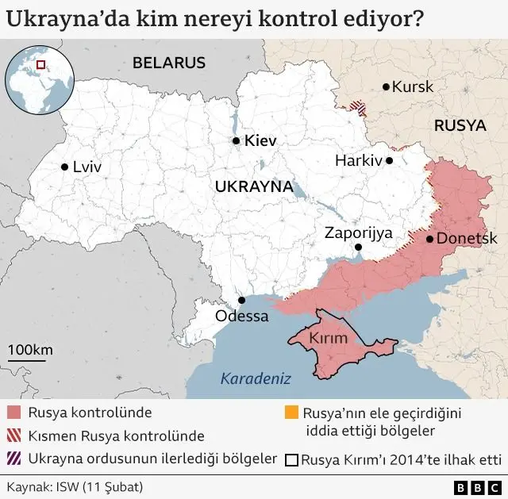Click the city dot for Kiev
(x=236, y=140)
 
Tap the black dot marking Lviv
(x=64, y=167)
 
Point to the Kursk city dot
(x=386, y=86)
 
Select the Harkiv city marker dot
(x=389, y=160)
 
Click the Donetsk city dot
(x=429, y=238)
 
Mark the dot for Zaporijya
(x=358, y=248)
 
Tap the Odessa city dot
(x=242, y=300)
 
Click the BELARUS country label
(x=169, y=63)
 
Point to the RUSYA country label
(x=460, y=125)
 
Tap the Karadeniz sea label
(x=256, y=378)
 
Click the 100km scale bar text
(x=30, y=350)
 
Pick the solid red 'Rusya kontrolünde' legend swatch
(x=14, y=413)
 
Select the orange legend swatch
(x=291, y=413)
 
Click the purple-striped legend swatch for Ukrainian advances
(x=14, y=459)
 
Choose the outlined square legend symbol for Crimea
(x=291, y=459)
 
